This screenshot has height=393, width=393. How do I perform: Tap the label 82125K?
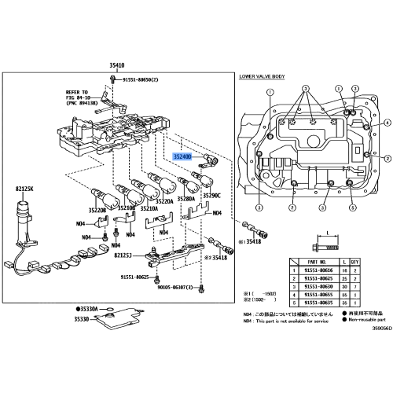click(24, 189)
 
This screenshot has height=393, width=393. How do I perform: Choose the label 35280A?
click(186, 200)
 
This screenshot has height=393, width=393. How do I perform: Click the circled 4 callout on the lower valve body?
click(388, 123)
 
